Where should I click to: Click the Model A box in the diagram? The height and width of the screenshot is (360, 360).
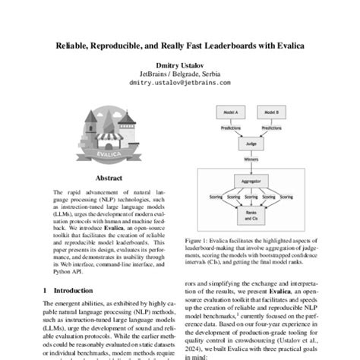coord(229,111)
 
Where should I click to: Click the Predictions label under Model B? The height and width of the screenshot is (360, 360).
coord(270,128)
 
